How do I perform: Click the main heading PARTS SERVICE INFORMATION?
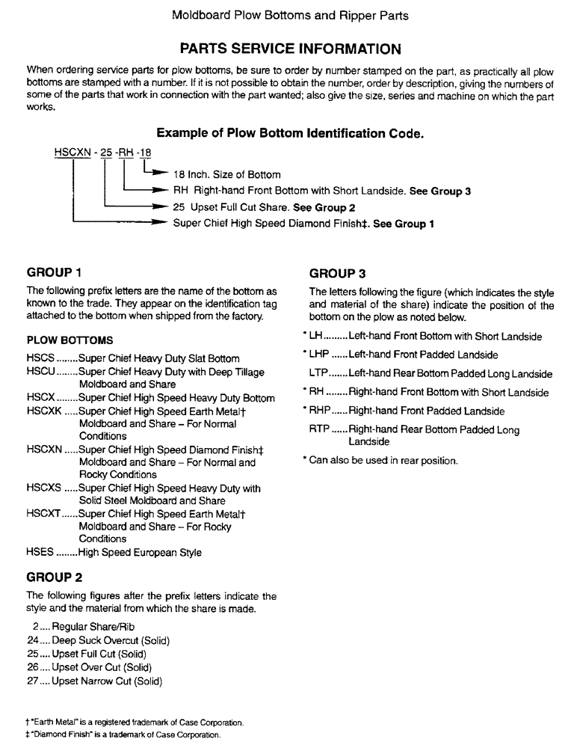[x=291, y=49]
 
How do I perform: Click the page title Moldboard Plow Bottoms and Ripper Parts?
[x=290, y=15]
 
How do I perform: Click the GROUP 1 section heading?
[x=52, y=272]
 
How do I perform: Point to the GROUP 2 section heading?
[x=52, y=578]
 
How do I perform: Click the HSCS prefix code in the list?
[x=40, y=359]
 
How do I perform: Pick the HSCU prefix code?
[x=40, y=372]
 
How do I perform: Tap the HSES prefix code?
[x=40, y=554]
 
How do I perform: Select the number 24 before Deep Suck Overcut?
[x=32, y=641]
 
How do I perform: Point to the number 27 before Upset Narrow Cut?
[x=32, y=681]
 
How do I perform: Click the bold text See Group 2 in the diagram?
[x=323, y=208]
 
